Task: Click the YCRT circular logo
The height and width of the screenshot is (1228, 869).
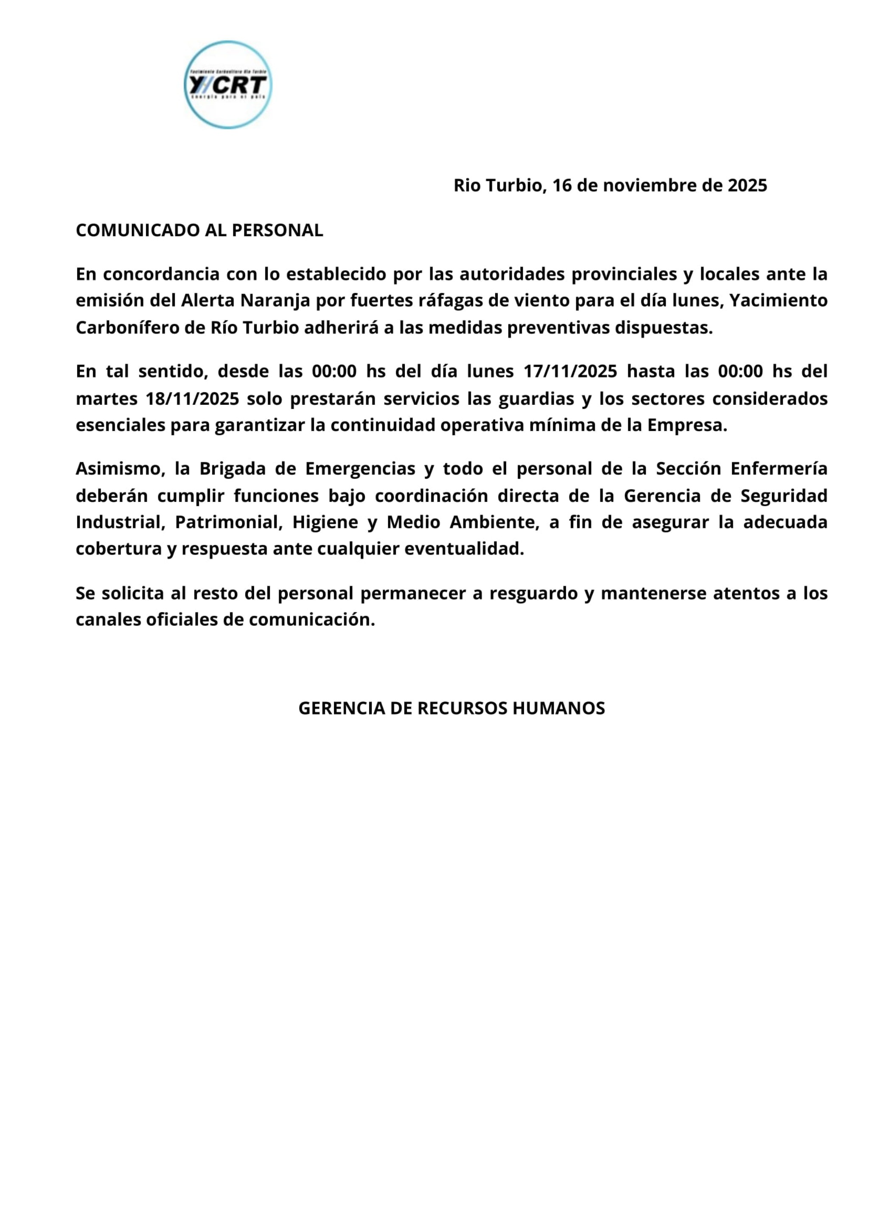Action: click(228, 85)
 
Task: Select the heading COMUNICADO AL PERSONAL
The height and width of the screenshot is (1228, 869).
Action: click(199, 230)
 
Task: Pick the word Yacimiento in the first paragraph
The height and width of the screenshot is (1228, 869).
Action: click(779, 301)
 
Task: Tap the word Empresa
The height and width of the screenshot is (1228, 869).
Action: click(687, 425)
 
